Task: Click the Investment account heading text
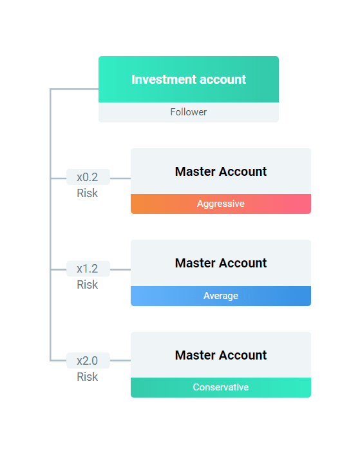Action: (x=189, y=79)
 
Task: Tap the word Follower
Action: (x=189, y=112)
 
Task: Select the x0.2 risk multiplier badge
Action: (x=88, y=177)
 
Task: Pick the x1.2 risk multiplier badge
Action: (x=88, y=269)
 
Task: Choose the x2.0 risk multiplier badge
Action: (x=88, y=361)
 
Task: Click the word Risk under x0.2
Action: (x=88, y=193)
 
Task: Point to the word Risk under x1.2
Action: (x=88, y=285)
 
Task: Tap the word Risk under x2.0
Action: (x=88, y=377)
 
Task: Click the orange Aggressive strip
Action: (x=221, y=204)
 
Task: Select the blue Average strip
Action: (x=221, y=296)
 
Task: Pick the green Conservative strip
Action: (x=221, y=387)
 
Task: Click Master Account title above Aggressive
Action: (x=221, y=171)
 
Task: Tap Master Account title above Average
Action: (x=221, y=263)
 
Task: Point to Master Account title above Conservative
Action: (x=221, y=355)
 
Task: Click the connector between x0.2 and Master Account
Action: (x=120, y=178)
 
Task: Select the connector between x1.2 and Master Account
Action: (x=120, y=269)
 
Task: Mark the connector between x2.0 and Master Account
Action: (x=120, y=360)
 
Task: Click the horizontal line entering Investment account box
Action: (x=75, y=89)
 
